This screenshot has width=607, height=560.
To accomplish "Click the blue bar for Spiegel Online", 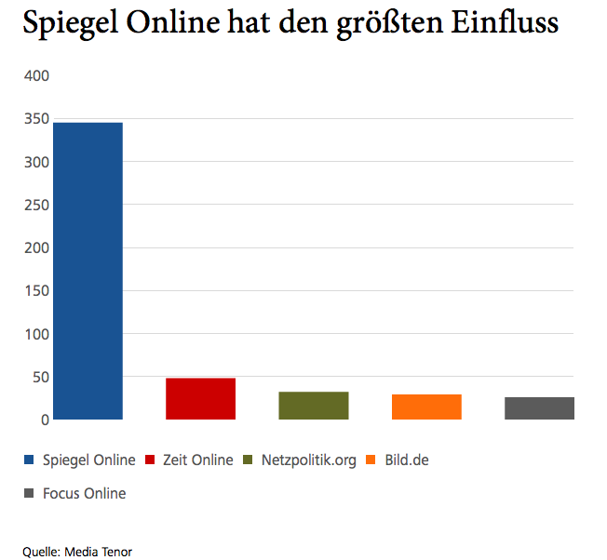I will [x=88, y=271].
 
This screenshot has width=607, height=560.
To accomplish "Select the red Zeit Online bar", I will [x=200, y=399].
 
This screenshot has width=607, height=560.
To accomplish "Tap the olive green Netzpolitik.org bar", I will [x=313, y=406].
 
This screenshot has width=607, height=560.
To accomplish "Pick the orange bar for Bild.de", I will [x=426, y=407].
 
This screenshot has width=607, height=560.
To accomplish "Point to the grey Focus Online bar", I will [x=539, y=408].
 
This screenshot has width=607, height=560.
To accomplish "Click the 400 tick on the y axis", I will [x=36, y=75].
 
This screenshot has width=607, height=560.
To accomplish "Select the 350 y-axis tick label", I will [x=36, y=119].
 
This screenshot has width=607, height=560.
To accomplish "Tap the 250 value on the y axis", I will [x=36, y=205].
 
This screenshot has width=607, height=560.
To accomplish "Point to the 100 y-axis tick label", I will [x=36, y=334].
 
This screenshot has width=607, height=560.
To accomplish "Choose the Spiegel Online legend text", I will [x=88, y=460].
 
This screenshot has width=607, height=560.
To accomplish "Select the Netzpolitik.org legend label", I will [x=308, y=460].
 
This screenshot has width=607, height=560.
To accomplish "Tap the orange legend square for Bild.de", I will [x=371, y=460].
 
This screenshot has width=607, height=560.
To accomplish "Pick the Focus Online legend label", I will [x=84, y=493].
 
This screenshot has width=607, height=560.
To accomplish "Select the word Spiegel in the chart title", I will [x=71, y=22].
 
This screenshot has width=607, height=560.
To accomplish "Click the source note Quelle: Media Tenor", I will [x=77, y=552].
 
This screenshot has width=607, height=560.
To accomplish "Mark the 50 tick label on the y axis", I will [x=40, y=378].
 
